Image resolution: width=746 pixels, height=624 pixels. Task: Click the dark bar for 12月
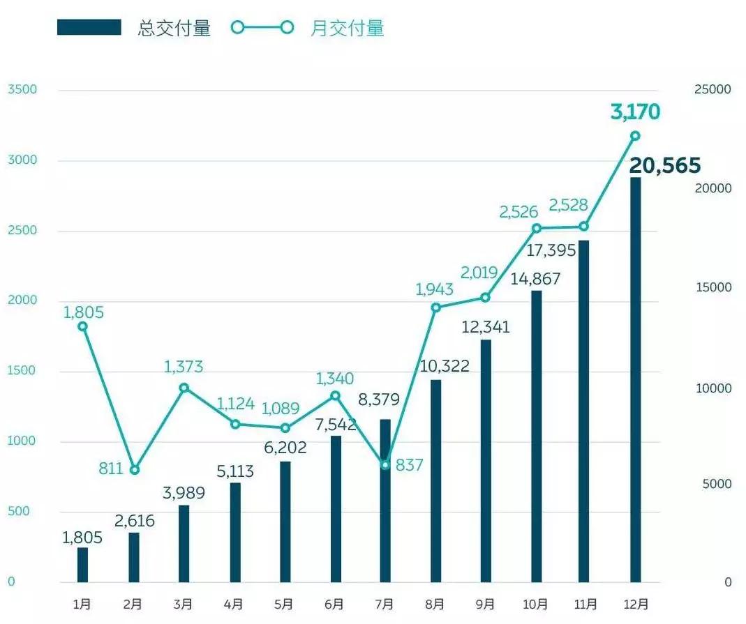coord(635,380)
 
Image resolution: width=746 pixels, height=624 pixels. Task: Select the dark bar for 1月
coord(83,565)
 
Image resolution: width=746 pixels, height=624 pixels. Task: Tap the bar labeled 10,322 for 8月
coord(435,481)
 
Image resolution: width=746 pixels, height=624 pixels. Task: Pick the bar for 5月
coord(285,522)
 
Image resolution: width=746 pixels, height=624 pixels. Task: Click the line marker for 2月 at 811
coord(134,470)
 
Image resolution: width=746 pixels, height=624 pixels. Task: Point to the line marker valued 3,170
coord(635,136)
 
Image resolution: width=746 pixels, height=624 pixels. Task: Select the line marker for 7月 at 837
coord(385,464)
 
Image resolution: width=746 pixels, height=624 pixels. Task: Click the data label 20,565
coord(664,166)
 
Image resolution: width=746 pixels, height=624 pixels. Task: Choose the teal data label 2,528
coord(568,205)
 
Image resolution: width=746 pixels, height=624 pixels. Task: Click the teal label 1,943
coord(434,289)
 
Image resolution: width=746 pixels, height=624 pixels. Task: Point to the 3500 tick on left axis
coord(21,90)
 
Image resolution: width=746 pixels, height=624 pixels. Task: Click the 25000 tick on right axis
coord(712,90)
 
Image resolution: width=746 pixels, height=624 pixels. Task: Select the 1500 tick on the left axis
coord(21,371)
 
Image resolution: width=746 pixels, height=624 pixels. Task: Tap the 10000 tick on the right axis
coord(712,388)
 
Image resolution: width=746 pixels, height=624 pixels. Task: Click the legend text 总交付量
coord(174,28)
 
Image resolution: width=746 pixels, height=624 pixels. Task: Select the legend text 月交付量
coord(348,28)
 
